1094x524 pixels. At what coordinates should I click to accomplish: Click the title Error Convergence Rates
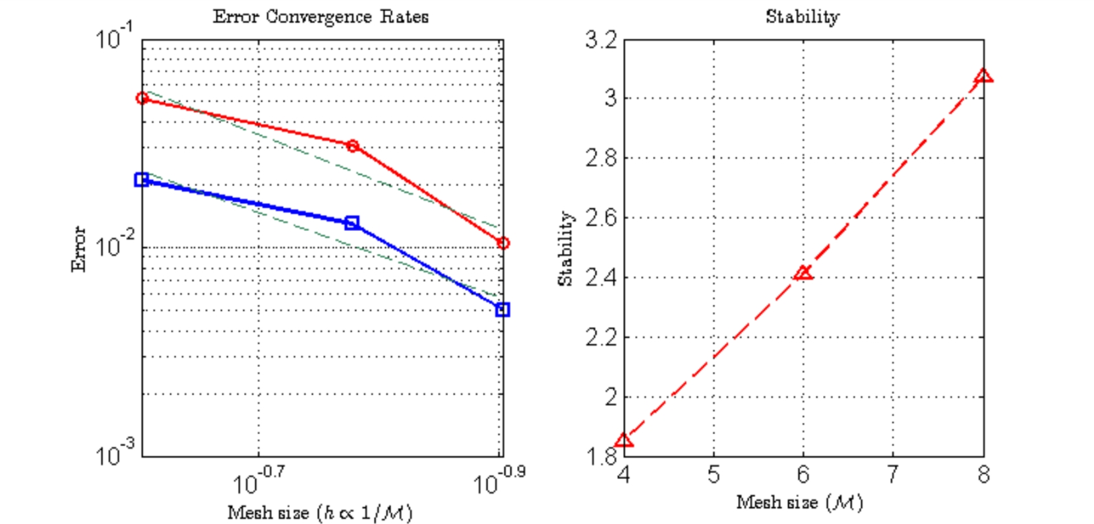tap(320, 16)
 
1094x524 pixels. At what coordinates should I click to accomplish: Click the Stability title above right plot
tap(803, 16)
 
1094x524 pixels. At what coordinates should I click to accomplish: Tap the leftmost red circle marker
tap(142, 98)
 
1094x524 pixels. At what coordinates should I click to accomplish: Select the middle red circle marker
tap(353, 146)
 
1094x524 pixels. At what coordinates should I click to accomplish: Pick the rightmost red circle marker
tap(503, 243)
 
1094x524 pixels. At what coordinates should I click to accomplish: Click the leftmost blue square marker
tap(141, 180)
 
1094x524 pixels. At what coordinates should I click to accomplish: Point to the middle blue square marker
tap(352, 223)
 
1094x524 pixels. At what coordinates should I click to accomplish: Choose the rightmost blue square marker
tap(502, 310)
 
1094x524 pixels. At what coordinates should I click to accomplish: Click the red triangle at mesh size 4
tap(624, 440)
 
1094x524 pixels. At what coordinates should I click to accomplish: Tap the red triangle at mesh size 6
tap(803, 273)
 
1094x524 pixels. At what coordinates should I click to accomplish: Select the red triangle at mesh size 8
tap(983, 76)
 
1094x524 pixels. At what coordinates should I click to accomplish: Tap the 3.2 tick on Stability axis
tap(601, 40)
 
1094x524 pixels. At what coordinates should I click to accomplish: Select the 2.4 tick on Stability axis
tap(601, 278)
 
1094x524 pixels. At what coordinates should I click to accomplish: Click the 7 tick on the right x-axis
tap(893, 474)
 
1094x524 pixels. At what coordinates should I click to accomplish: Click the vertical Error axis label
tap(78, 249)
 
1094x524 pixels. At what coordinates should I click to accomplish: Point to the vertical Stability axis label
tap(566, 249)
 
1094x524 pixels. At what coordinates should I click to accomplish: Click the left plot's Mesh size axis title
tap(320, 513)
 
